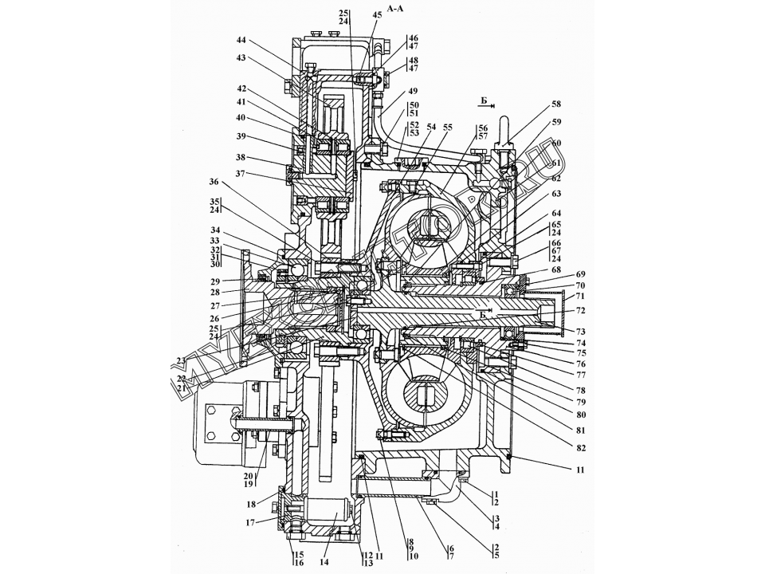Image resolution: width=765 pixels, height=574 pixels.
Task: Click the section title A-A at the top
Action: pos(396,8)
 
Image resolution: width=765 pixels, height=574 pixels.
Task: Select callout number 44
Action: pos(241,40)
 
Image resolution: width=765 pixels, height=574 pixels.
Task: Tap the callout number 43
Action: pos(241,58)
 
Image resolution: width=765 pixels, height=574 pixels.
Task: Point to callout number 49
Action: pos(412,91)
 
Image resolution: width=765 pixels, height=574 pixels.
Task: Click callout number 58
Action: pos(556,104)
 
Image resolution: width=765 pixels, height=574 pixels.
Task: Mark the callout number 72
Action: pos(580,309)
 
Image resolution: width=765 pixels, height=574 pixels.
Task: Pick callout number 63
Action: pos(556,194)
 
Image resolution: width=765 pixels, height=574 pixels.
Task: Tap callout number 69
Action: pos(580,274)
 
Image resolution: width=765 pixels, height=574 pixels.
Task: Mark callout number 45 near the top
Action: pos(376,15)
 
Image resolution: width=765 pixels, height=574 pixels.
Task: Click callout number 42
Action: pos(241,88)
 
